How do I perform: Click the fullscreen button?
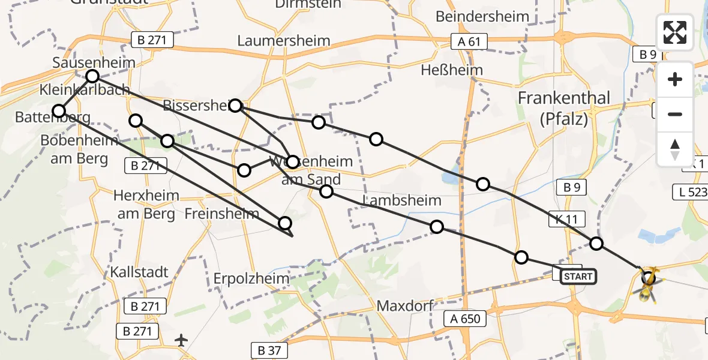click(675, 32)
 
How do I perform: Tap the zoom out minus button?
click(675, 114)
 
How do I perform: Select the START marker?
click(578, 277)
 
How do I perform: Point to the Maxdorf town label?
click(406, 306)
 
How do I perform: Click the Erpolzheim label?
click(251, 279)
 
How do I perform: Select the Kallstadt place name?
click(139, 271)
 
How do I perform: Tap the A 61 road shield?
click(470, 41)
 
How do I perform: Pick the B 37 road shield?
click(270, 350)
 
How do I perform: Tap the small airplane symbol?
click(181, 340)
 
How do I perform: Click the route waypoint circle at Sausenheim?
click(92, 76)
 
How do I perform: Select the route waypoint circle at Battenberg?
click(59, 110)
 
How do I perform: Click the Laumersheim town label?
click(284, 41)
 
